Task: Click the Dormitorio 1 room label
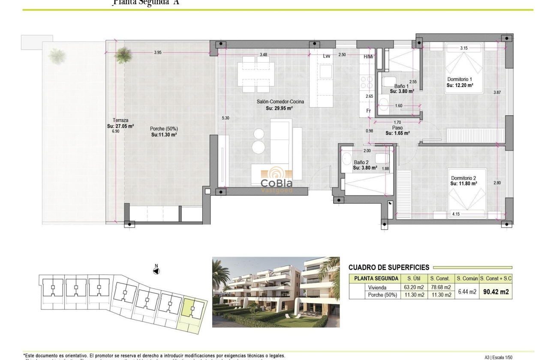(x=460, y=79)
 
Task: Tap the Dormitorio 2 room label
(x=463, y=178)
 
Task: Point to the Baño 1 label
(x=402, y=86)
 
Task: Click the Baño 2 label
(x=361, y=162)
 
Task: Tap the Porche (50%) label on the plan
(x=164, y=129)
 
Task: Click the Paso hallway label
(x=397, y=128)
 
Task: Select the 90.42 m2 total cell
(x=496, y=292)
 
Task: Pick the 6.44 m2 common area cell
(x=467, y=291)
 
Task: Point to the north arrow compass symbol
(x=156, y=270)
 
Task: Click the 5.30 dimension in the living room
(x=225, y=118)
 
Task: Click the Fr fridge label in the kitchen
(x=368, y=111)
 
